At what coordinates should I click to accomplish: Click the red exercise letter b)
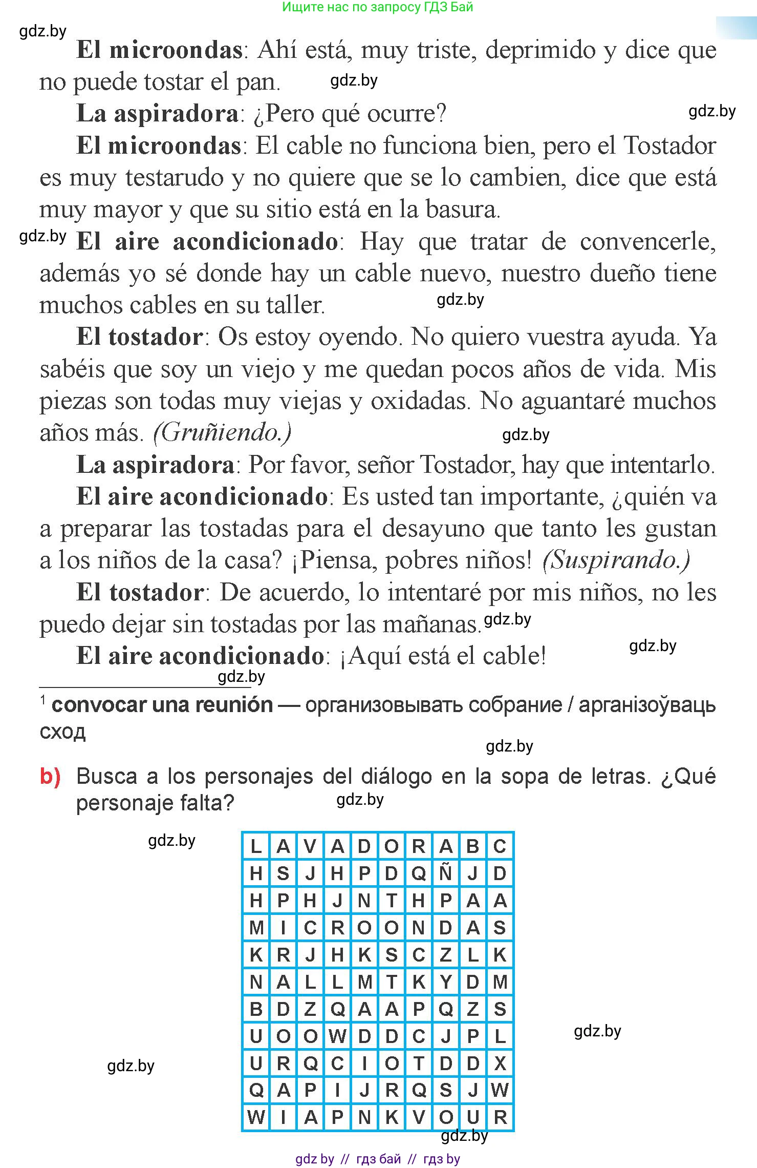point(50,777)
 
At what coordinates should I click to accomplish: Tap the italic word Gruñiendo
point(222,433)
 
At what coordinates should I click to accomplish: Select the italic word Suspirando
point(616,560)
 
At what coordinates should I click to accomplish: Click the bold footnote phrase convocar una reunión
point(162,705)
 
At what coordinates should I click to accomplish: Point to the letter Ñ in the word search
point(445,873)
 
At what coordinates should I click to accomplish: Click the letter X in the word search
point(500,1063)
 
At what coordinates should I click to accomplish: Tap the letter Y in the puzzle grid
point(445,982)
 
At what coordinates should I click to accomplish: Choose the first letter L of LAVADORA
point(256,846)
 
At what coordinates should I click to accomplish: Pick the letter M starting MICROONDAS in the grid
point(256,928)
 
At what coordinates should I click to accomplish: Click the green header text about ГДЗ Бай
point(378,7)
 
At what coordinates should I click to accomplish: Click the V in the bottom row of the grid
point(418,1117)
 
